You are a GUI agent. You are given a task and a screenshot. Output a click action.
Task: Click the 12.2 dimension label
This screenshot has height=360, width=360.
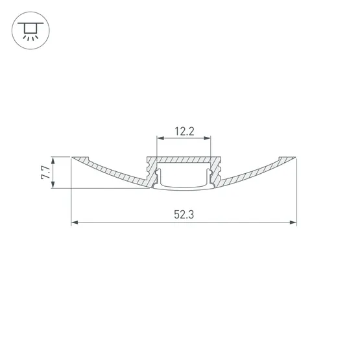(x=184, y=131)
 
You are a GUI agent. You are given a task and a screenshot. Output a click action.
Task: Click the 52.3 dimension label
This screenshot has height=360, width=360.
(x=184, y=215)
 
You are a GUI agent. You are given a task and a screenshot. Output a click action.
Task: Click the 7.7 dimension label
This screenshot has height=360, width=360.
(x=45, y=173)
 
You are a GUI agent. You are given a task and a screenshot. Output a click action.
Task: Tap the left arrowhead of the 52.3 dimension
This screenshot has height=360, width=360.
(x=75, y=222)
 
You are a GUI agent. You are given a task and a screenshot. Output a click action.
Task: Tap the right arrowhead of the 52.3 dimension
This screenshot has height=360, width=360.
(x=293, y=222)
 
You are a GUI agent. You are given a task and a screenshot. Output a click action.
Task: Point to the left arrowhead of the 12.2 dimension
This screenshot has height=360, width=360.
(x=160, y=138)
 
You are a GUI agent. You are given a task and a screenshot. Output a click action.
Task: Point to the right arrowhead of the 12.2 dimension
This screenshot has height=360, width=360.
(x=208, y=138)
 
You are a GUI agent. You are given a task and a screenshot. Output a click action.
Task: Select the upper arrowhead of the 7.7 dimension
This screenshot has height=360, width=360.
(x=53, y=160)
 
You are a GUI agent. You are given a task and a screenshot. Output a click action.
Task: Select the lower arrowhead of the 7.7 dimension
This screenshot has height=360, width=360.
(x=53, y=185)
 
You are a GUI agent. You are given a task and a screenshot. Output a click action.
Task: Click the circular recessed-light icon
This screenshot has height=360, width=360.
(x=30, y=30)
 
